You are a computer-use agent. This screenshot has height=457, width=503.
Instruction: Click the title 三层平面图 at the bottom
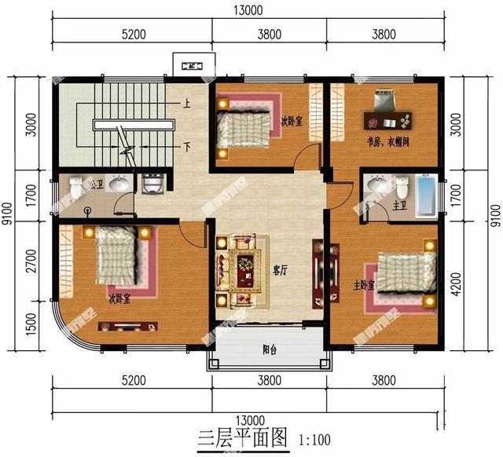point(233,437)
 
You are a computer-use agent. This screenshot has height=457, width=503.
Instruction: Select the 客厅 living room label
point(279,269)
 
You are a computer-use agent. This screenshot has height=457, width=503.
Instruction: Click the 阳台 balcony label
point(267,353)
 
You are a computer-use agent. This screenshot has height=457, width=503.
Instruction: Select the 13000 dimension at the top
point(248,10)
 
